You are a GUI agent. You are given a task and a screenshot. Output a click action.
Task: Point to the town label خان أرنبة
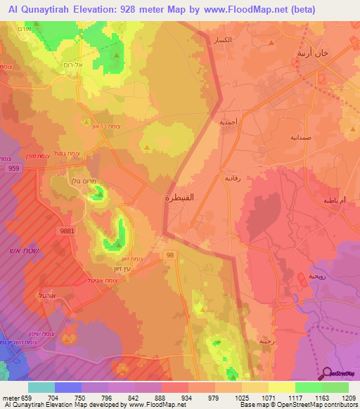tap(314, 53)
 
